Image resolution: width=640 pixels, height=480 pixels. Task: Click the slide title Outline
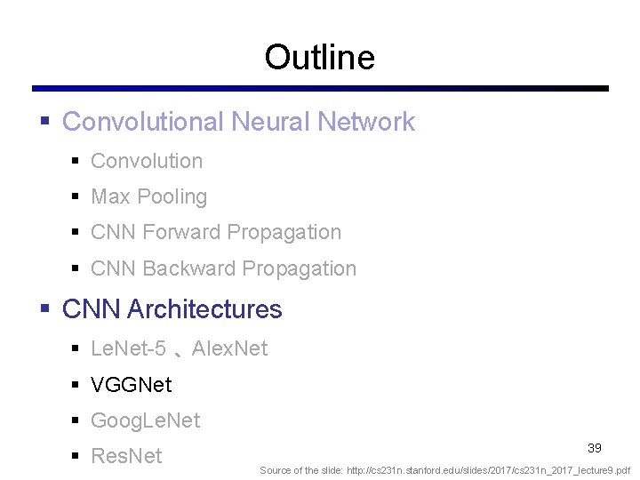[x=319, y=58]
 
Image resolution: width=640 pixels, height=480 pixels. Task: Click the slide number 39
[x=595, y=448]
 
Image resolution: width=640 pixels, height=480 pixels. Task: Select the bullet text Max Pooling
[x=148, y=197]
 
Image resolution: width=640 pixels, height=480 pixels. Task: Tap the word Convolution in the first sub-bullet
[x=147, y=161]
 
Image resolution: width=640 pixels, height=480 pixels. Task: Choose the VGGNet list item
[x=132, y=385]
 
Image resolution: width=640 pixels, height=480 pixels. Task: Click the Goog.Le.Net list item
[x=146, y=420]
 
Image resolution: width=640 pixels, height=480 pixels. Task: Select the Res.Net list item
[x=126, y=456]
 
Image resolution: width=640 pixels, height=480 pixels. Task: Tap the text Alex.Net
[x=229, y=348]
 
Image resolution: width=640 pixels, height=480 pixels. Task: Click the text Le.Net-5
[x=128, y=348]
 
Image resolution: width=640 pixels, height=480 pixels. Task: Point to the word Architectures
[x=204, y=309]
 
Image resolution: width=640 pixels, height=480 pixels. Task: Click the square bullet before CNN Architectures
[x=45, y=309]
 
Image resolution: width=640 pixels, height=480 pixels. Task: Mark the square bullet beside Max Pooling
[x=76, y=197]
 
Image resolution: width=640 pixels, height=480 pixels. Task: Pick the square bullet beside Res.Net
[x=76, y=456]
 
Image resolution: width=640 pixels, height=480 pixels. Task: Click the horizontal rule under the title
[x=320, y=89]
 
